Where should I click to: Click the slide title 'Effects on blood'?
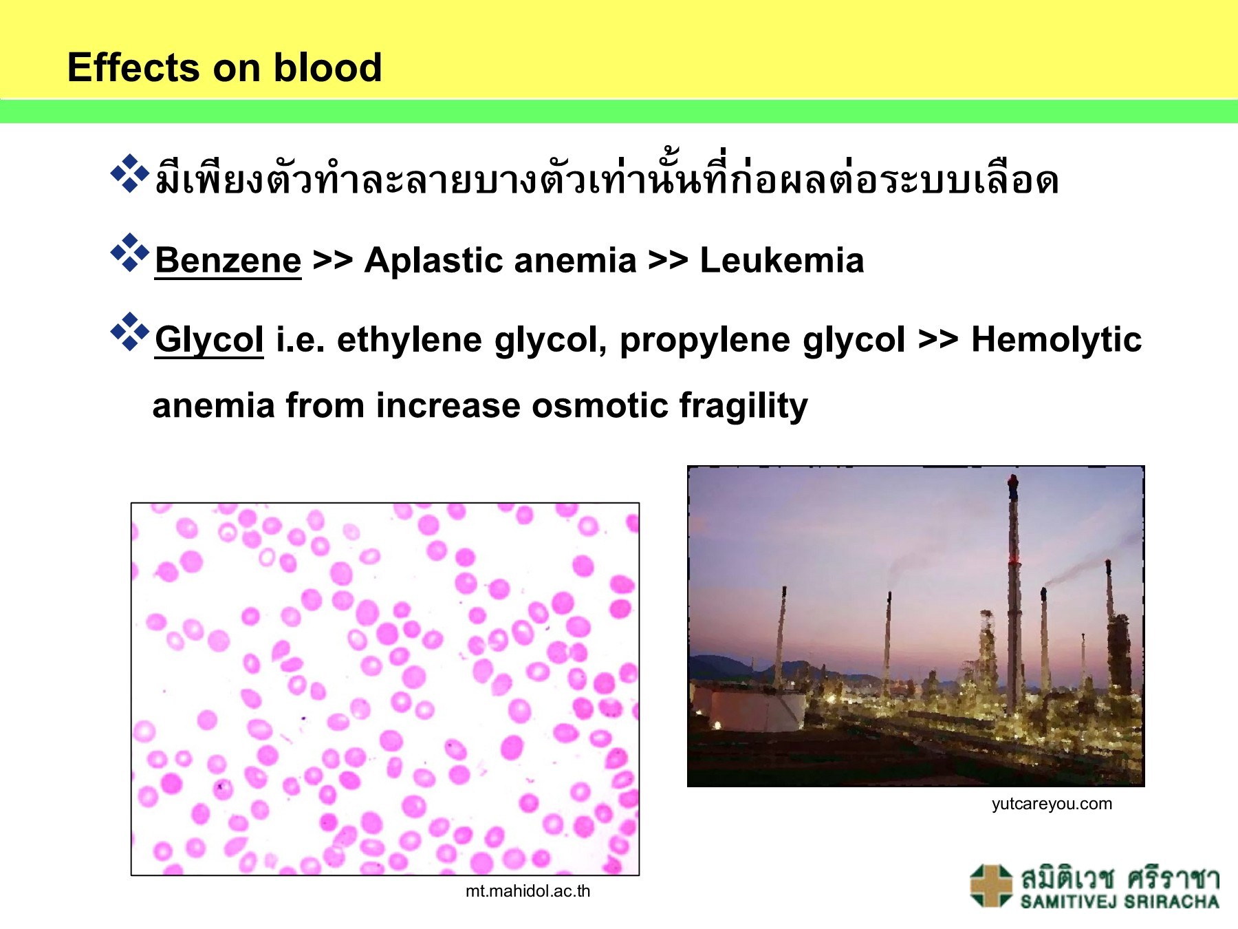point(224,67)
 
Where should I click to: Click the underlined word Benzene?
point(228,261)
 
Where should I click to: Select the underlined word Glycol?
point(209,340)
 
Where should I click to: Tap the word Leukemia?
point(781,261)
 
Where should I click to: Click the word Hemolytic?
point(1056,340)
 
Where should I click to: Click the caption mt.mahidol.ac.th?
point(528,891)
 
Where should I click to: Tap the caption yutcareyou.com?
point(1051,804)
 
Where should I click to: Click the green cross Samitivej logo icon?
point(990,886)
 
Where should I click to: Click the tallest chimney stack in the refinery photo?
point(1012,592)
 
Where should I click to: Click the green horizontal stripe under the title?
point(619,111)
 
